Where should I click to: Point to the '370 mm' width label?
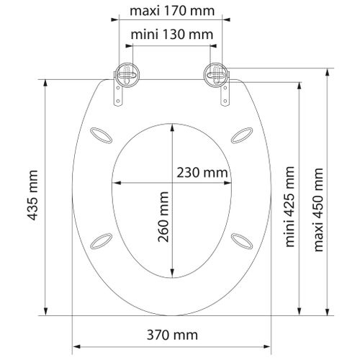pos(171,335)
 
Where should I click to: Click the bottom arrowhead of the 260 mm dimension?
pos(172,276)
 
